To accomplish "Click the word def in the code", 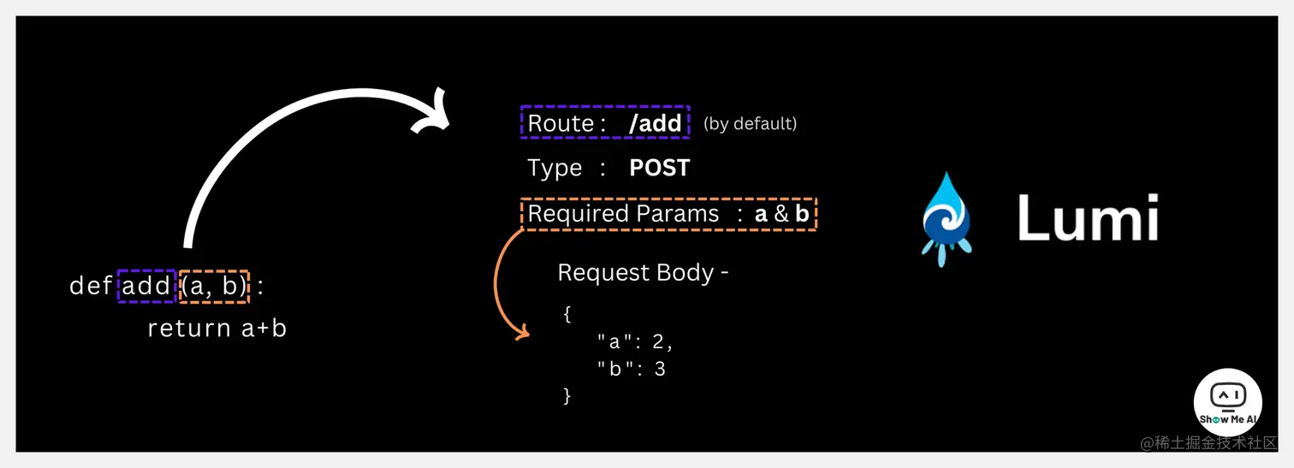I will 90,286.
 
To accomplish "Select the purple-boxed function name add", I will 146,286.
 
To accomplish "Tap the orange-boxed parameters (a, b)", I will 213,286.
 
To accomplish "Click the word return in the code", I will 189,329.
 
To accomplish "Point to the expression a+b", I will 263,329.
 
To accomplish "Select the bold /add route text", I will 655,123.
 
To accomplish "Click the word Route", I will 561,123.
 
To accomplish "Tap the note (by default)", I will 750,124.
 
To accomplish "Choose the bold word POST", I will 659,168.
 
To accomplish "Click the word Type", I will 555,168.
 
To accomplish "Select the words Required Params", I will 623,213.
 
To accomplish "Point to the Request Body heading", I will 643,273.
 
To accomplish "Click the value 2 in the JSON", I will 657,342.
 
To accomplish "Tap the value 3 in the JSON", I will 659,369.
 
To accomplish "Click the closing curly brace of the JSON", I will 567,395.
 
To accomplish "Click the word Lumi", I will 1087,217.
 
